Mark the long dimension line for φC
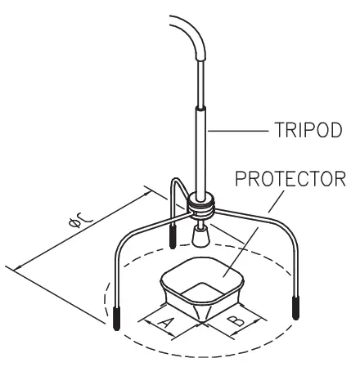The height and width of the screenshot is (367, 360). (x=78, y=230)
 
